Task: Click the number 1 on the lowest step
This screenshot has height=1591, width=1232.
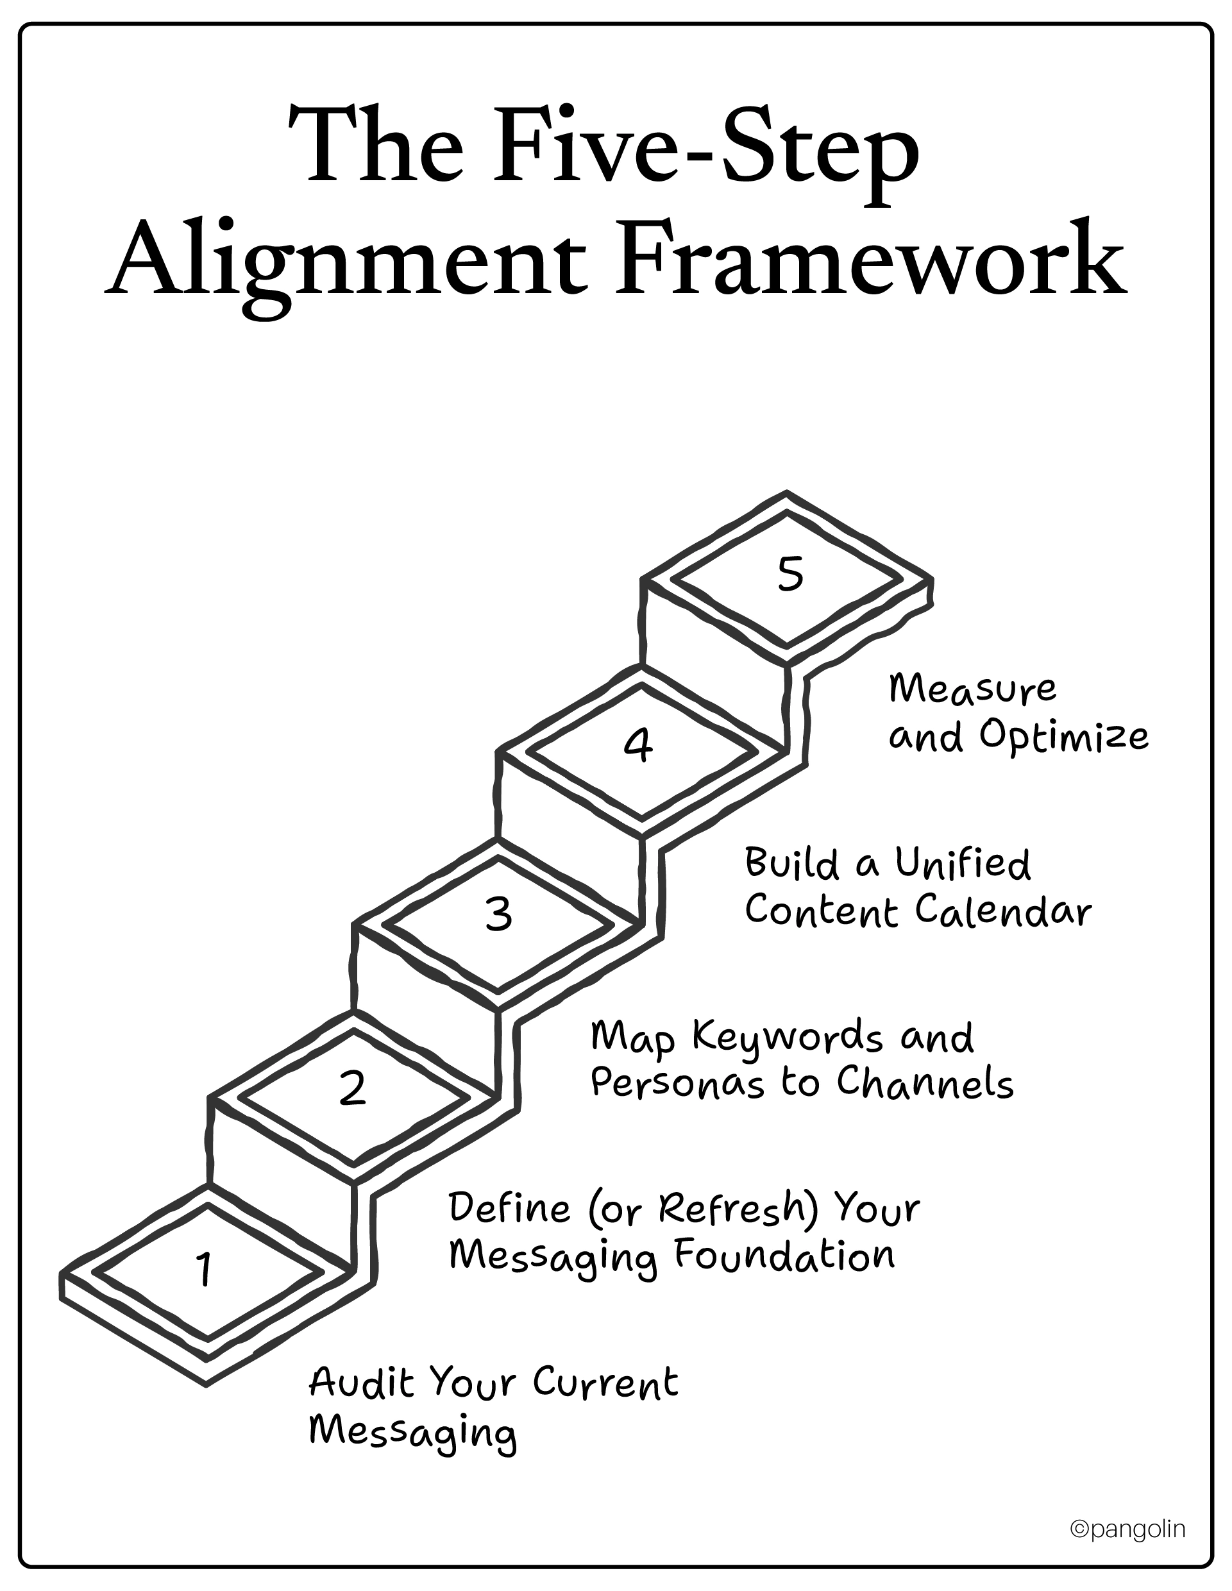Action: point(205,1268)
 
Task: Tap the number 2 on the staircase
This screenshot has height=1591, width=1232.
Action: point(353,1088)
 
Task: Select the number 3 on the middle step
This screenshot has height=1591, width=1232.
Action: point(499,914)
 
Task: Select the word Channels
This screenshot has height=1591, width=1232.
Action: point(925,1083)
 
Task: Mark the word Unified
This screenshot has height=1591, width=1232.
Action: point(963,864)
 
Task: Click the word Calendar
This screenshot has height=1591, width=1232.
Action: point(1003,911)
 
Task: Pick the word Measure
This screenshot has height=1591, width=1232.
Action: point(972,689)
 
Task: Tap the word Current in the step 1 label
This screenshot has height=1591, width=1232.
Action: point(605,1383)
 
